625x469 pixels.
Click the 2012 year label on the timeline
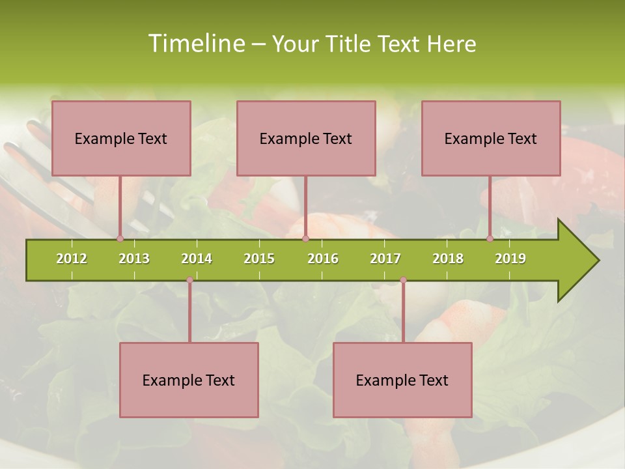(x=72, y=259)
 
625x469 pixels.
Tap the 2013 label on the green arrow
(x=134, y=259)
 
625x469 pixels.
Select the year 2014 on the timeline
(x=197, y=259)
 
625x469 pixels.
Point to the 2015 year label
(x=259, y=259)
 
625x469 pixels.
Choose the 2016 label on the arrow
(x=323, y=259)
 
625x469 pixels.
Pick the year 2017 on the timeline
(x=385, y=259)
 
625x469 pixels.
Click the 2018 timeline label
(x=448, y=259)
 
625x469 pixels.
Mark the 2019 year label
(x=510, y=259)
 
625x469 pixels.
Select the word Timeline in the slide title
(x=196, y=44)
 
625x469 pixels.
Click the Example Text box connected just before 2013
(x=121, y=138)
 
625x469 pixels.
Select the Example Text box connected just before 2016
(x=306, y=138)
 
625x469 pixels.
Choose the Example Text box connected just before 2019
(x=491, y=138)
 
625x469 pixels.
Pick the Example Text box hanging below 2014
(x=189, y=380)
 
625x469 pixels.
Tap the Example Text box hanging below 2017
(x=402, y=380)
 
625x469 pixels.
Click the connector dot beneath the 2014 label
(x=189, y=280)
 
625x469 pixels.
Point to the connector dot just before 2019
(x=490, y=238)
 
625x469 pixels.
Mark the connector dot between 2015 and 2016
(x=305, y=238)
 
